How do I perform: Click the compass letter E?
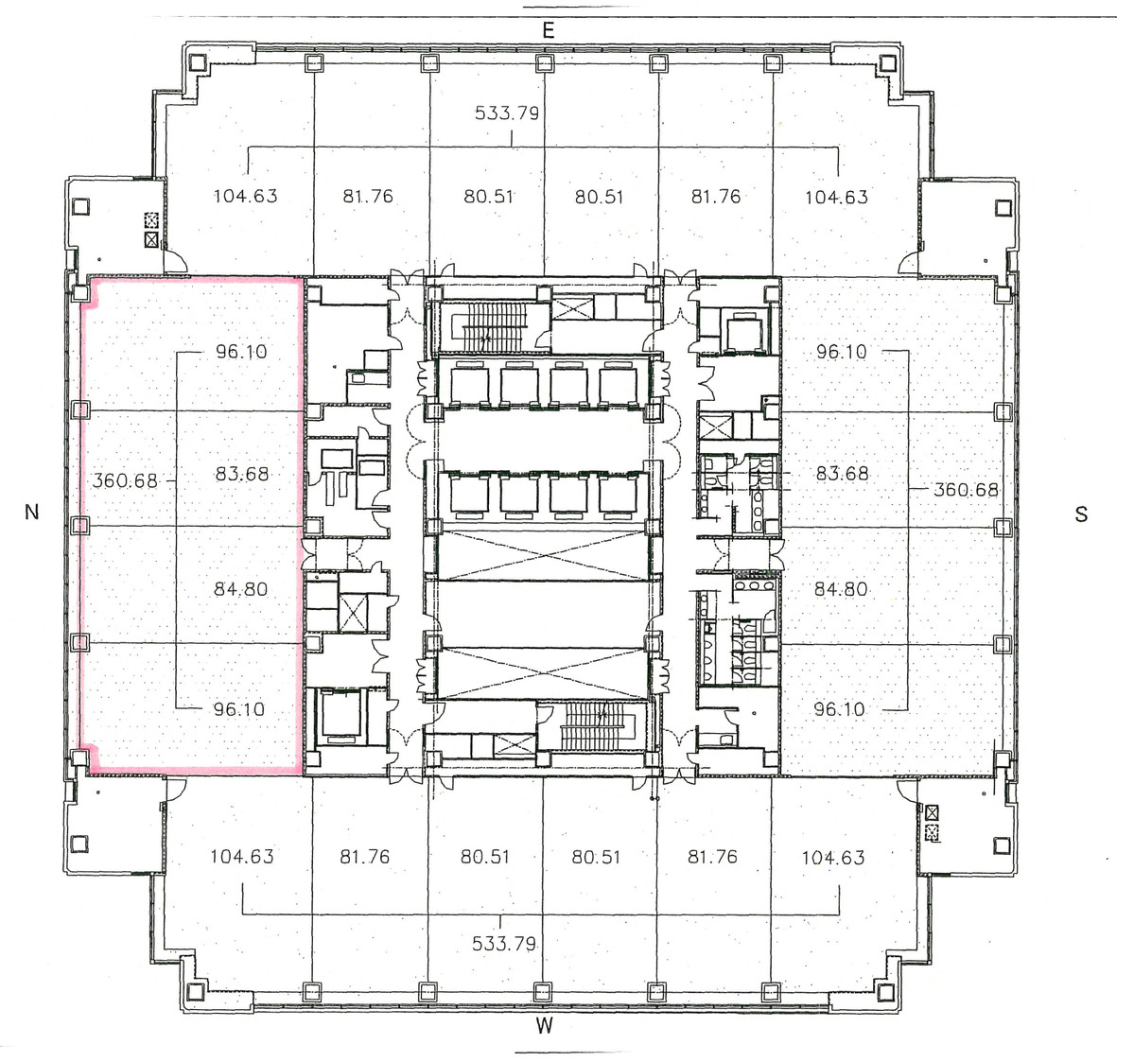tap(547, 30)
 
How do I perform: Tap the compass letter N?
tap(32, 512)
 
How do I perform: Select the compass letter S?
tap(1081, 514)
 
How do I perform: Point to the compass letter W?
tap(543, 1026)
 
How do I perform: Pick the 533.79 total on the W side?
tap(504, 943)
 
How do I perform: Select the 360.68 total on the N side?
tap(125, 480)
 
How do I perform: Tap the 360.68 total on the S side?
tap(966, 490)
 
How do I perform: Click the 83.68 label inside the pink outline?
tap(242, 474)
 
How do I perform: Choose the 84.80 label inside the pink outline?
tap(241, 589)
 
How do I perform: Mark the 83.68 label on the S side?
tap(842, 473)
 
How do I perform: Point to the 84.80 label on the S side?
tap(841, 589)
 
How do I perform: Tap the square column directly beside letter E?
tap(544, 63)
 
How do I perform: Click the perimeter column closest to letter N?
tap(81, 525)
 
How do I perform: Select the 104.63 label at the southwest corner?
tap(832, 858)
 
